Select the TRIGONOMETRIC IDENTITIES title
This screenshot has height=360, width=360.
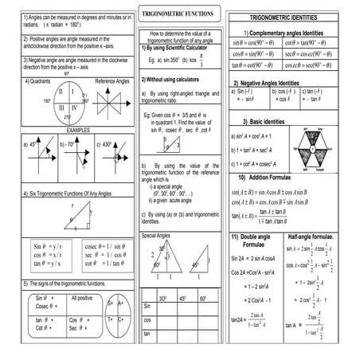point(290,17)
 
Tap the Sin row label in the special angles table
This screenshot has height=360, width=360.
point(147,306)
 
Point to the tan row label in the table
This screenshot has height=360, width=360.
point(147,335)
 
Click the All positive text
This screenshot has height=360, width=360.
point(82,297)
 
